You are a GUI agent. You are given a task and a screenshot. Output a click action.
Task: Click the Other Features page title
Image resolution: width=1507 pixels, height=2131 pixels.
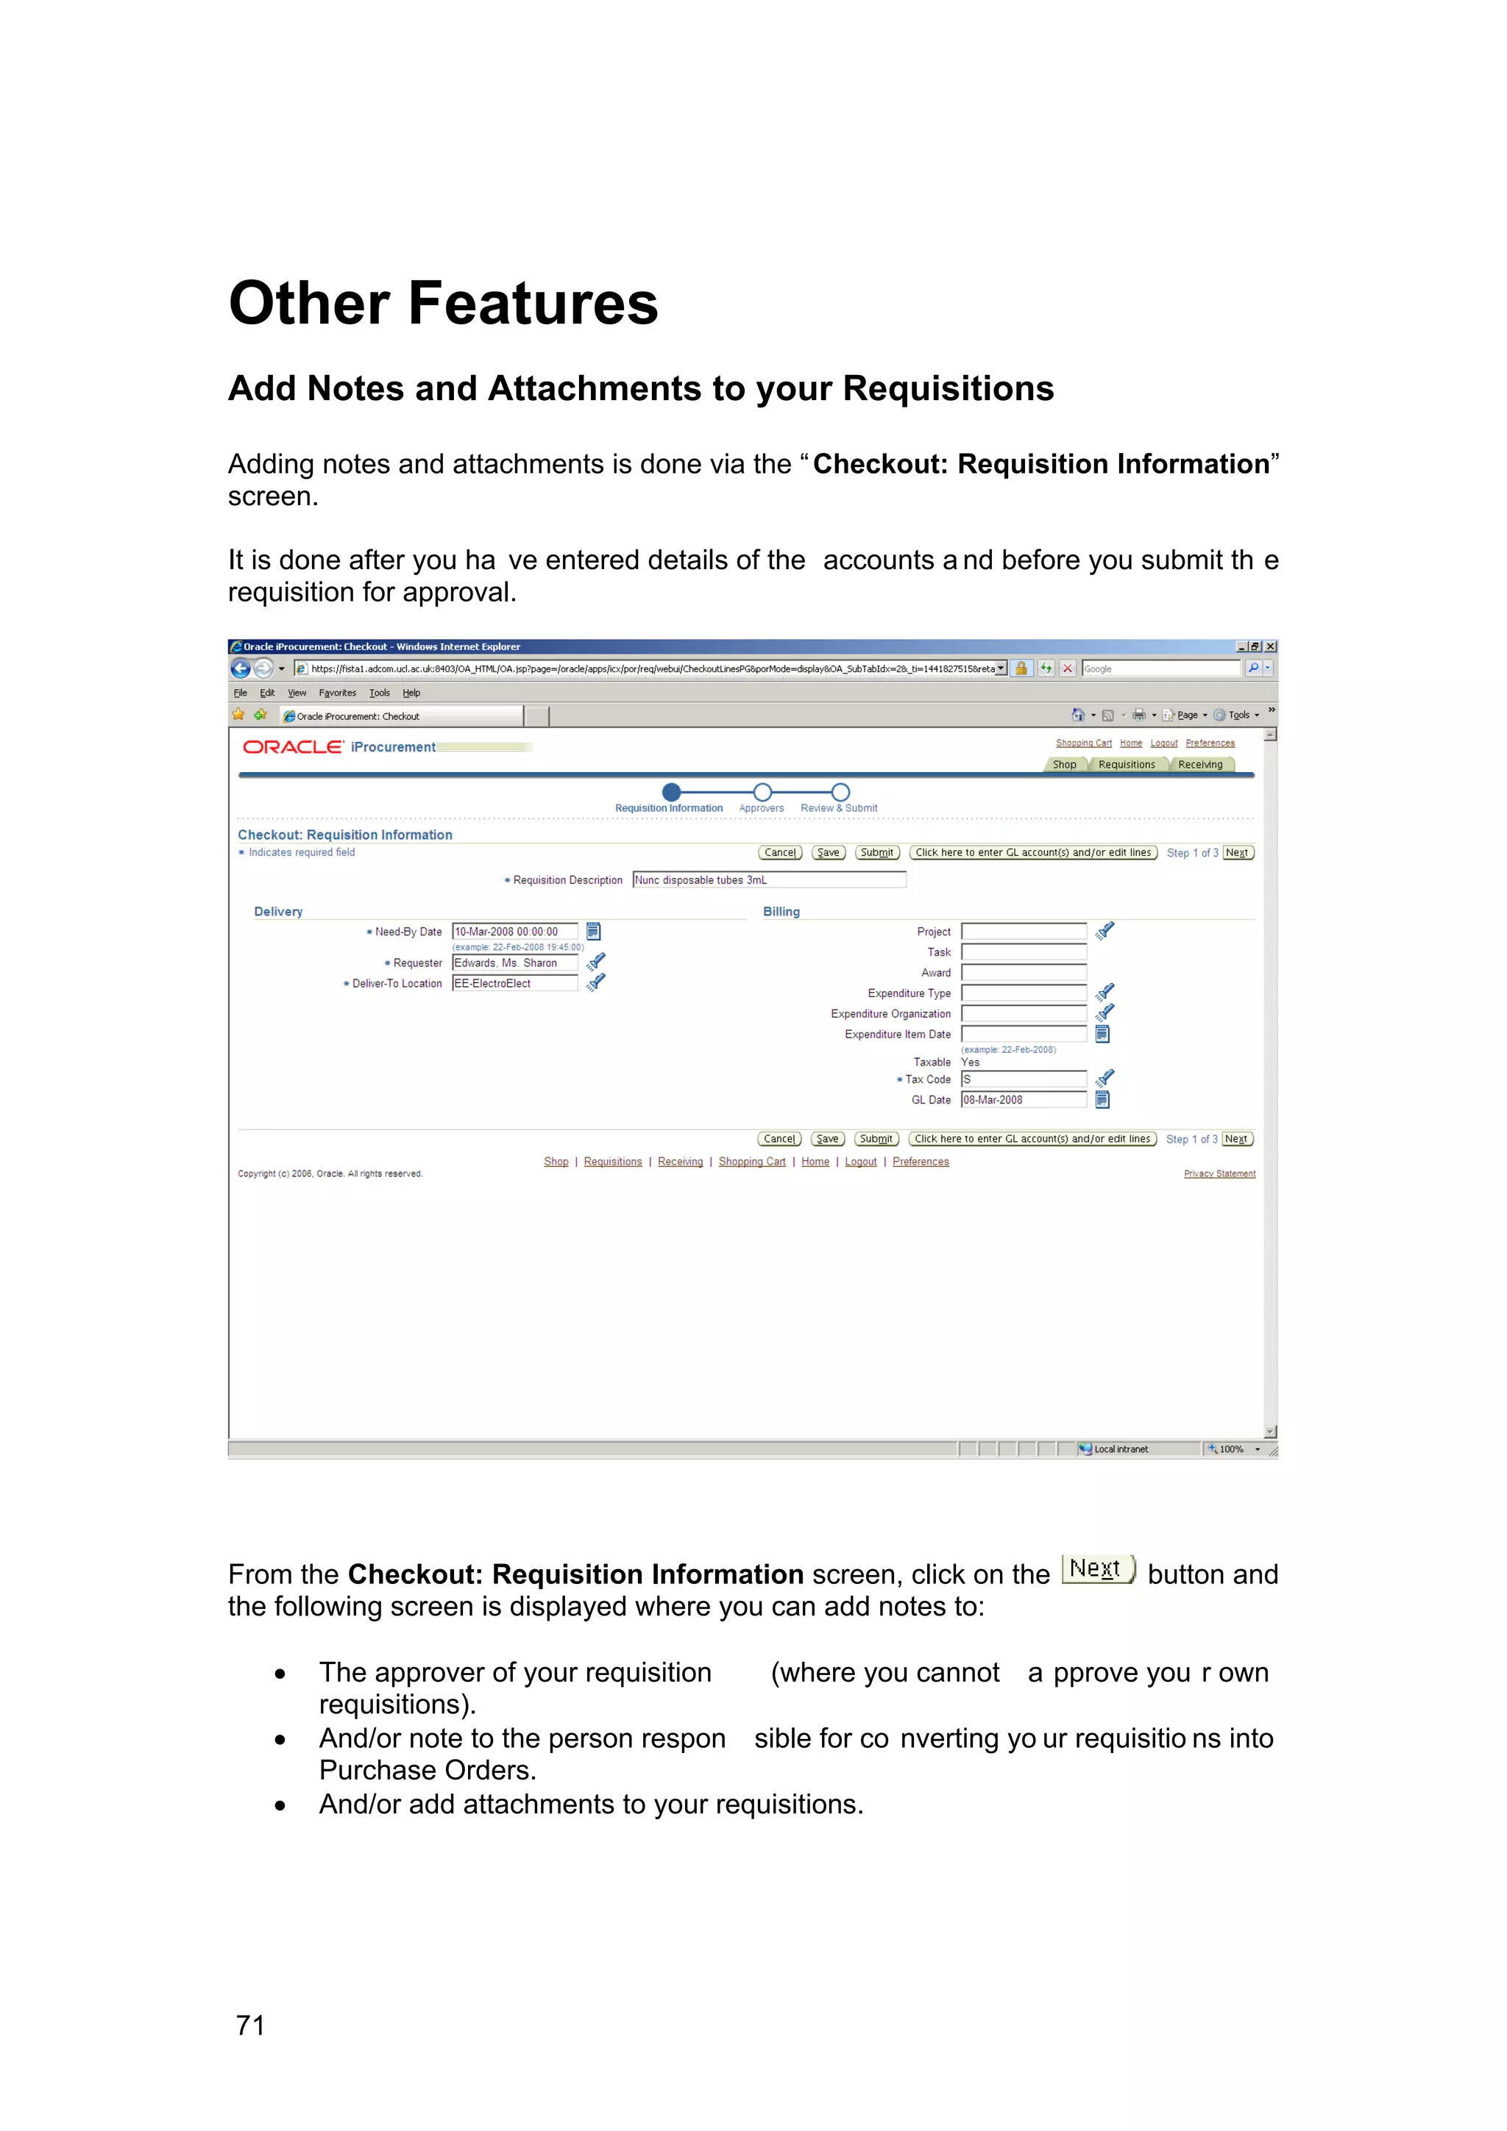(x=443, y=304)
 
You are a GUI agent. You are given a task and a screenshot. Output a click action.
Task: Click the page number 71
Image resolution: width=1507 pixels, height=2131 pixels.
(x=251, y=2024)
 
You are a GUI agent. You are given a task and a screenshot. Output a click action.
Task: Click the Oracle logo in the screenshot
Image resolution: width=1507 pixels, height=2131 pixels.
(x=292, y=747)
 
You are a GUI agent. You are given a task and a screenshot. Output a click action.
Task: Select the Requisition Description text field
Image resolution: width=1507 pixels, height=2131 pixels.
(x=768, y=880)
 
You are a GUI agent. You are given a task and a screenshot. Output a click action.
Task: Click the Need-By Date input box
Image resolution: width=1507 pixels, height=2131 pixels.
(x=514, y=932)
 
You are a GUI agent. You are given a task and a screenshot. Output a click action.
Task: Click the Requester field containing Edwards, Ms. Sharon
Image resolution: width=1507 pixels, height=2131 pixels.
(x=514, y=963)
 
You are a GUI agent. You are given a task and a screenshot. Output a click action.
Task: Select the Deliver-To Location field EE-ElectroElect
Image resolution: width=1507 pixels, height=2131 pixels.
(x=514, y=984)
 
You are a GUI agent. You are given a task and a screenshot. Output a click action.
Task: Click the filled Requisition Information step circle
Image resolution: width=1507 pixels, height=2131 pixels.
(x=671, y=792)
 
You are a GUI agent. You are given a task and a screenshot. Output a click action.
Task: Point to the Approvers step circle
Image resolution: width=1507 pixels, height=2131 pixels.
(x=762, y=792)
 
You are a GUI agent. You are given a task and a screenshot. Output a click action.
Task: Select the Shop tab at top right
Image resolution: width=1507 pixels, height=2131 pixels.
(x=1064, y=765)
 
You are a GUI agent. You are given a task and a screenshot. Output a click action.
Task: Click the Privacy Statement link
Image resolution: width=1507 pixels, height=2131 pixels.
(x=1219, y=1174)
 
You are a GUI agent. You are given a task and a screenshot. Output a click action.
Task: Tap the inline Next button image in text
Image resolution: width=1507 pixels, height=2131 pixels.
(x=1098, y=1568)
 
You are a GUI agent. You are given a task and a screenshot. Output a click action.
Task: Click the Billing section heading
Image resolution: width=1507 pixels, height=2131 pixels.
(x=781, y=911)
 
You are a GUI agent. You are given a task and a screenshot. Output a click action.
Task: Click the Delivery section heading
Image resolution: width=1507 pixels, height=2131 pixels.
(x=279, y=911)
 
